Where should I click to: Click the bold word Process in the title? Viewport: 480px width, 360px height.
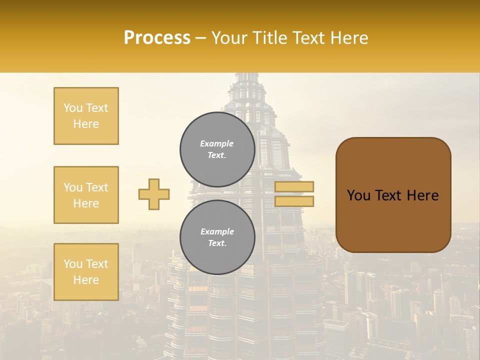[x=157, y=37]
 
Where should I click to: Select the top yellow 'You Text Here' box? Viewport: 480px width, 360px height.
[x=86, y=116]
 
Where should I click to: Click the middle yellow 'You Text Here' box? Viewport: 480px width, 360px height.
[x=86, y=195]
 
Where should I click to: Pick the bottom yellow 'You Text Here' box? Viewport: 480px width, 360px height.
[x=86, y=272]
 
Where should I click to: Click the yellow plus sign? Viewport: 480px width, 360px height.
[x=154, y=194]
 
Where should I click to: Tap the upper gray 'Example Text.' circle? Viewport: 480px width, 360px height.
[x=217, y=149]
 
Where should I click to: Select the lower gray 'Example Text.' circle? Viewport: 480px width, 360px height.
[x=217, y=237]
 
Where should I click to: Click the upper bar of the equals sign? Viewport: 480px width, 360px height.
[x=294, y=186]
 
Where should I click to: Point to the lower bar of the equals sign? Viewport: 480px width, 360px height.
[x=294, y=201]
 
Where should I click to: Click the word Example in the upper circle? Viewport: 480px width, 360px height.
[x=217, y=143]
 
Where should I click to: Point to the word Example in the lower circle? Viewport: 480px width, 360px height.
[x=217, y=231]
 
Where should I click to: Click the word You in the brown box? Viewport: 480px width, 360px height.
[x=358, y=195]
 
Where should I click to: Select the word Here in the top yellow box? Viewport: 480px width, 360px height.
[x=86, y=124]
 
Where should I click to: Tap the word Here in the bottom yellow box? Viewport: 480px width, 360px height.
[x=86, y=280]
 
